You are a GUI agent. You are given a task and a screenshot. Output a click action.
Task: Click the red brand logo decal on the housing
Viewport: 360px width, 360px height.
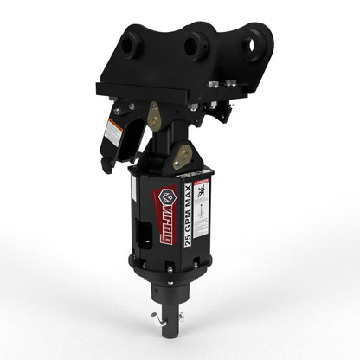click(161, 213)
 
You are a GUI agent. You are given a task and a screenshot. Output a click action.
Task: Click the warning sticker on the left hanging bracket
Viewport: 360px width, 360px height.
click(112, 132)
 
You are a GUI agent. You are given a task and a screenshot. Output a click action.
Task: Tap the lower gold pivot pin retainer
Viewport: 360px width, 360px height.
click(183, 157)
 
